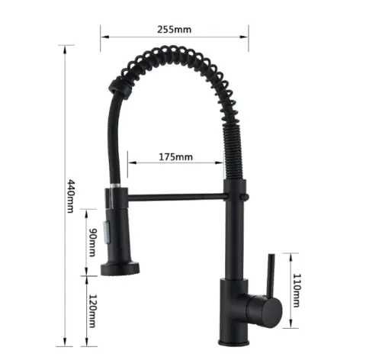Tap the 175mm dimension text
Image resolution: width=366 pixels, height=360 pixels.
pos(176,157)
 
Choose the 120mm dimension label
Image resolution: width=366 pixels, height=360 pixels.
pos(91,311)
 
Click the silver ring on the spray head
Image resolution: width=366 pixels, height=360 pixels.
pos(114,185)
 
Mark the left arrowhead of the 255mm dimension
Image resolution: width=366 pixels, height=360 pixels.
pos(103,33)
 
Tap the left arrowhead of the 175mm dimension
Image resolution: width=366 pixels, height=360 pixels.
pos(130,162)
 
